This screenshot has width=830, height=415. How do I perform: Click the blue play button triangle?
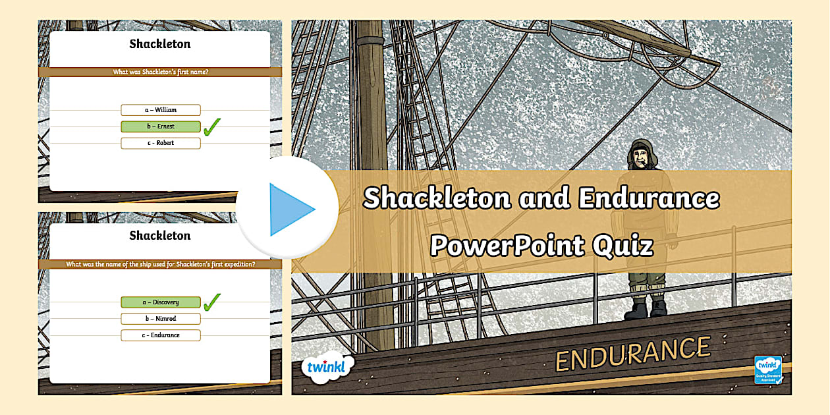[290, 209]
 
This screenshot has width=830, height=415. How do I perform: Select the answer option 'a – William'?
[161, 110]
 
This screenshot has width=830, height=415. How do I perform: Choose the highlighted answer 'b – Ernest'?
[161, 126]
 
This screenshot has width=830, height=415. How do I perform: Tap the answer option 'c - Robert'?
[161, 143]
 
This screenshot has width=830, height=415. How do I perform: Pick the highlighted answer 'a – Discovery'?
[161, 302]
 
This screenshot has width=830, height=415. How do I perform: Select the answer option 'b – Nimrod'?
[161, 319]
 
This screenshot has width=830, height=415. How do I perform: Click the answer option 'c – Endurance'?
[161, 335]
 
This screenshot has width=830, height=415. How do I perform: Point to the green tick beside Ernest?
[211, 126]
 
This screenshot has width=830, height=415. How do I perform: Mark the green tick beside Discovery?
[211, 302]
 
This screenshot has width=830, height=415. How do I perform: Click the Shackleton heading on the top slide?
[160, 45]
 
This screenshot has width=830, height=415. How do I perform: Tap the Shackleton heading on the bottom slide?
[160, 236]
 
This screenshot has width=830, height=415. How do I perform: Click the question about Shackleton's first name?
[160, 72]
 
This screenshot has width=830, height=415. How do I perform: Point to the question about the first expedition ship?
[160, 264]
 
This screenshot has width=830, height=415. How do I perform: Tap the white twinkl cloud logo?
[327, 367]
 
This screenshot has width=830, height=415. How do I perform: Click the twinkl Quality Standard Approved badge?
[767, 370]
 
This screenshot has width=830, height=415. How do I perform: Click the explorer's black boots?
[646, 308]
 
